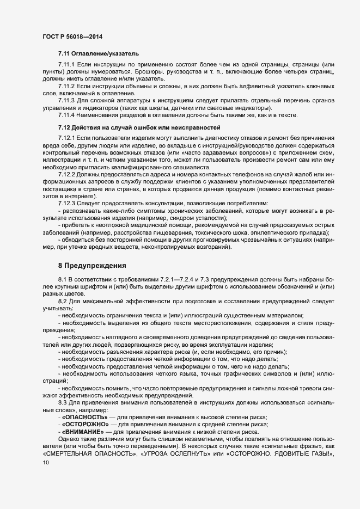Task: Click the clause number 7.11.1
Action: tap(67, 65)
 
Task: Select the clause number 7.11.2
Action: tap(67, 86)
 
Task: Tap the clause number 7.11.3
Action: tap(67, 100)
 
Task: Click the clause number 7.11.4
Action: tap(67, 114)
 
